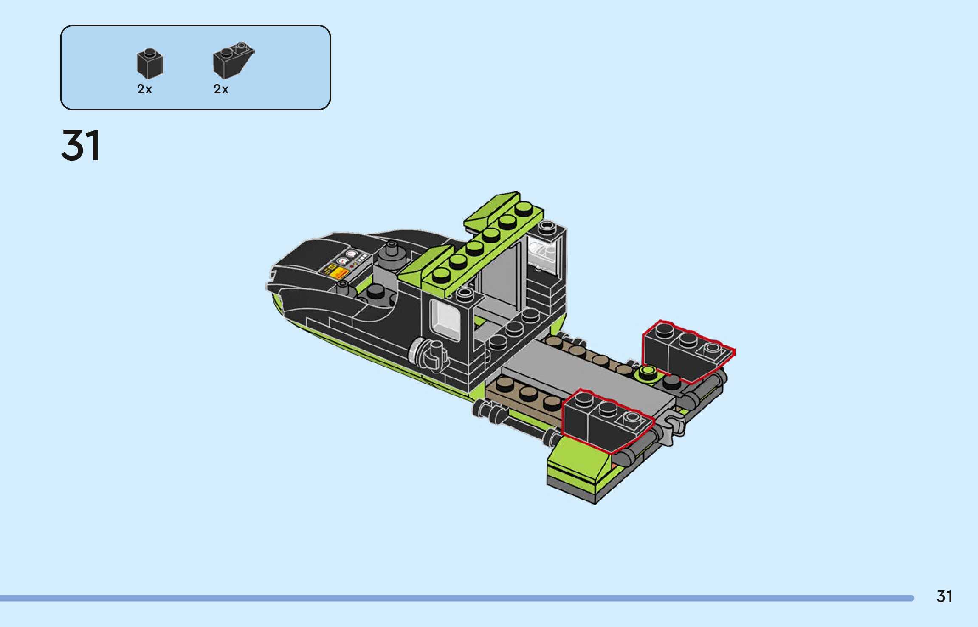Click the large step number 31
[81, 145]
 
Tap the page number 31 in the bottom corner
[944, 596]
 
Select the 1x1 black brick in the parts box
[150, 64]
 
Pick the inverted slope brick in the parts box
[233, 60]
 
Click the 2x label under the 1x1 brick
[144, 89]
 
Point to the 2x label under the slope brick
[221, 89]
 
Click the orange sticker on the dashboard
[339, 273]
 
